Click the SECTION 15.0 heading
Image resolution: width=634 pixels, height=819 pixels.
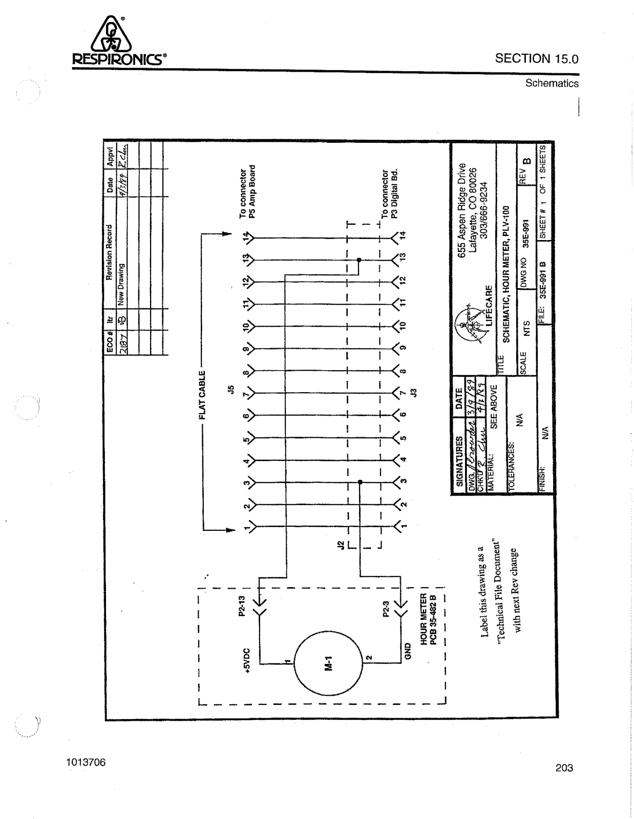point(536,58)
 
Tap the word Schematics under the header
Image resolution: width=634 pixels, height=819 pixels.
point(552,83)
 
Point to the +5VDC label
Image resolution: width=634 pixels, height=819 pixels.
point(247,660)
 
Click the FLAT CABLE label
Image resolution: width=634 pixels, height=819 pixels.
point(203,395)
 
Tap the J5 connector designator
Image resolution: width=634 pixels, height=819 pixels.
point(231,390)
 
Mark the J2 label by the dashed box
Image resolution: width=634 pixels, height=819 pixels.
point(338,546)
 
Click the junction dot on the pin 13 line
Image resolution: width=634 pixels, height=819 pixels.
point(358,260)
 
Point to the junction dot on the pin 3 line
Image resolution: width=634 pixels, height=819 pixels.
point(360,482)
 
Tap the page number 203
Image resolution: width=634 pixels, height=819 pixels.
point(564,768)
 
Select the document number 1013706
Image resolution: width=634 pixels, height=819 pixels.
point(86,762)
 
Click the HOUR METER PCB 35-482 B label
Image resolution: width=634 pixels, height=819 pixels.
point(427,619)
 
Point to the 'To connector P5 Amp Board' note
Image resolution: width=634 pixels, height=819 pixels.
point(247,191)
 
